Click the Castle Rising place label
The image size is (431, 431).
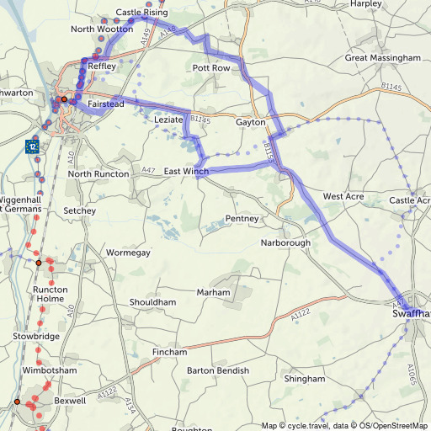(x=141, y=13)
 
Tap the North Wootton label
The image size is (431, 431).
(x=102, y=29)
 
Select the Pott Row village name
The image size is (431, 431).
(x=210, y=67)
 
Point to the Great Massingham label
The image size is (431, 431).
(x=382, y=58)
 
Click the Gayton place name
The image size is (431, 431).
(x=251, y=123)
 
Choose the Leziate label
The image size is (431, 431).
(x=168, y=121)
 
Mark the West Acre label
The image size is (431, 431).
(x=343, y=196)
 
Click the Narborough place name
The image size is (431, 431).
(x=285, y=243)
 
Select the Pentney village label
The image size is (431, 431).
(x=242, y=219)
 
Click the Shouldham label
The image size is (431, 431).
(x=153, y=302)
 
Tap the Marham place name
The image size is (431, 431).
(x=212, y=292)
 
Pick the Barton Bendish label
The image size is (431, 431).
(x=218, y=371)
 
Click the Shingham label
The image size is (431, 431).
(x=304, y=380)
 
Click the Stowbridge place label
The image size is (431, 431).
(x=36, y=337)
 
